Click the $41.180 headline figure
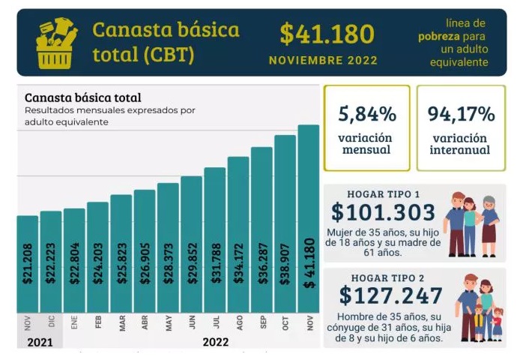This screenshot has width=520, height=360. point(327,34)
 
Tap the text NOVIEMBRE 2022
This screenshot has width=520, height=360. point(323,60)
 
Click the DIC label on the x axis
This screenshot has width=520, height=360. point(50,323)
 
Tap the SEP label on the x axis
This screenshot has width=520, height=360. point(261,323)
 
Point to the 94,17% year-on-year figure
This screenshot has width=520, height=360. point(460,115)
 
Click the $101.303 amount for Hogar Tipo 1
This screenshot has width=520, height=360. point(383,212)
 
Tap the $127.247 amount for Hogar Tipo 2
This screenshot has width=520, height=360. point(390,295)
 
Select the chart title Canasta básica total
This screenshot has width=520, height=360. point(82,97)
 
